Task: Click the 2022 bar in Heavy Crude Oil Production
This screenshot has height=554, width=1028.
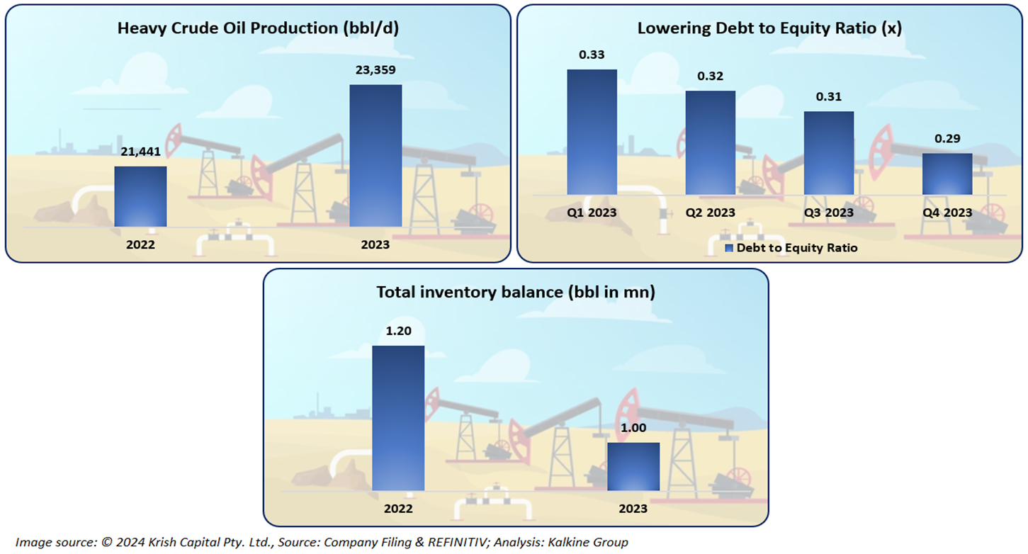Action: coord(140,196)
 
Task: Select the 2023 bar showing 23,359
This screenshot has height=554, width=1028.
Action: coord(375,156)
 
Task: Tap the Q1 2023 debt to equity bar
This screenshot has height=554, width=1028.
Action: coord(592,132)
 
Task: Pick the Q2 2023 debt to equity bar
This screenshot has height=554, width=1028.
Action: coord(710,142)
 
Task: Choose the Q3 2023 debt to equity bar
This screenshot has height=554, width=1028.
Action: coord(828,152)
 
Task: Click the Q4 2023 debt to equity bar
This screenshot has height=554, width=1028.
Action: coord(947,174)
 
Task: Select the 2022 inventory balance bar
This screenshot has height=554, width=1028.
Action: coord(398,418)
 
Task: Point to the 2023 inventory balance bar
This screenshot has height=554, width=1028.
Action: coord(633,466)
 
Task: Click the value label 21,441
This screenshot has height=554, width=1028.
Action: coord(141,152)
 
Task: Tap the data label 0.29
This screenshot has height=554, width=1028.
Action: coord(947,139)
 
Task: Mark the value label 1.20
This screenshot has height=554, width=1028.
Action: coord(398,332)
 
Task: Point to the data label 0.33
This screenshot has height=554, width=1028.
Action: coord(592,55)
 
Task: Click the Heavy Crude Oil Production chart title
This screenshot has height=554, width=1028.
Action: coord(257,29)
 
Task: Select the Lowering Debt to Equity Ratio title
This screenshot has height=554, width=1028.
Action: coord(769,29)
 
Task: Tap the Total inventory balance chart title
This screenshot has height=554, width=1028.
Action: coord(515,292)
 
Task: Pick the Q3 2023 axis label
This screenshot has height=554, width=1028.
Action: coord(828,213)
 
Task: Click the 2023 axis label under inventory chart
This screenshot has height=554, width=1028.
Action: coord(633,509)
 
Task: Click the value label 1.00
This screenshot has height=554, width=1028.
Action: coord(633,429)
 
